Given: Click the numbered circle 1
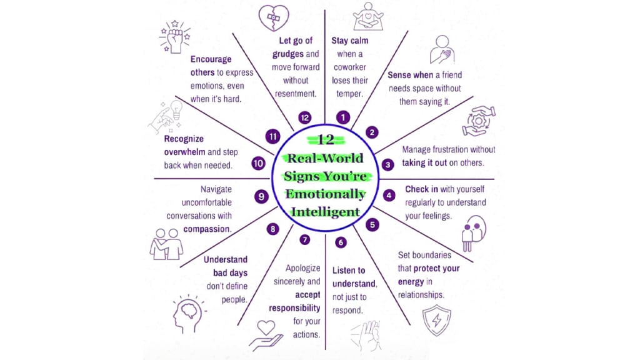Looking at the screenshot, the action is pos(342,116).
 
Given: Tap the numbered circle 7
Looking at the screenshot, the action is pos(304,239).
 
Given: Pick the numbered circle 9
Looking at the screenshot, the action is pos(262,196).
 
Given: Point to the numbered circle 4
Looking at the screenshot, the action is pos(389,195).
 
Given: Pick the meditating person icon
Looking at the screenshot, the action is pos(367,17).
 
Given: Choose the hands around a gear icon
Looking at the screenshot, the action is pos(478,121).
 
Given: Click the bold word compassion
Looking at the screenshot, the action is pos(207,229).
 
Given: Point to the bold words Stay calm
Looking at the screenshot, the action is pos(350,41).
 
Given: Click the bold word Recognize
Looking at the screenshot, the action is pos(184,139).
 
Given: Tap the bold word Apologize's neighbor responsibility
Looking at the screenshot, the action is pos(295,308).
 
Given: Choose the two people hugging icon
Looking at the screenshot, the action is pos(166,243).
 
